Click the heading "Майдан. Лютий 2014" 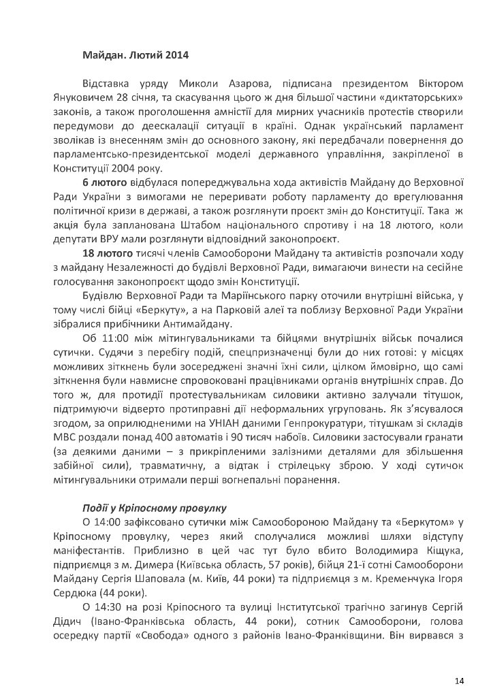click(x=136, y=54)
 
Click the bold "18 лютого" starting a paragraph click(x=106, y=254)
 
